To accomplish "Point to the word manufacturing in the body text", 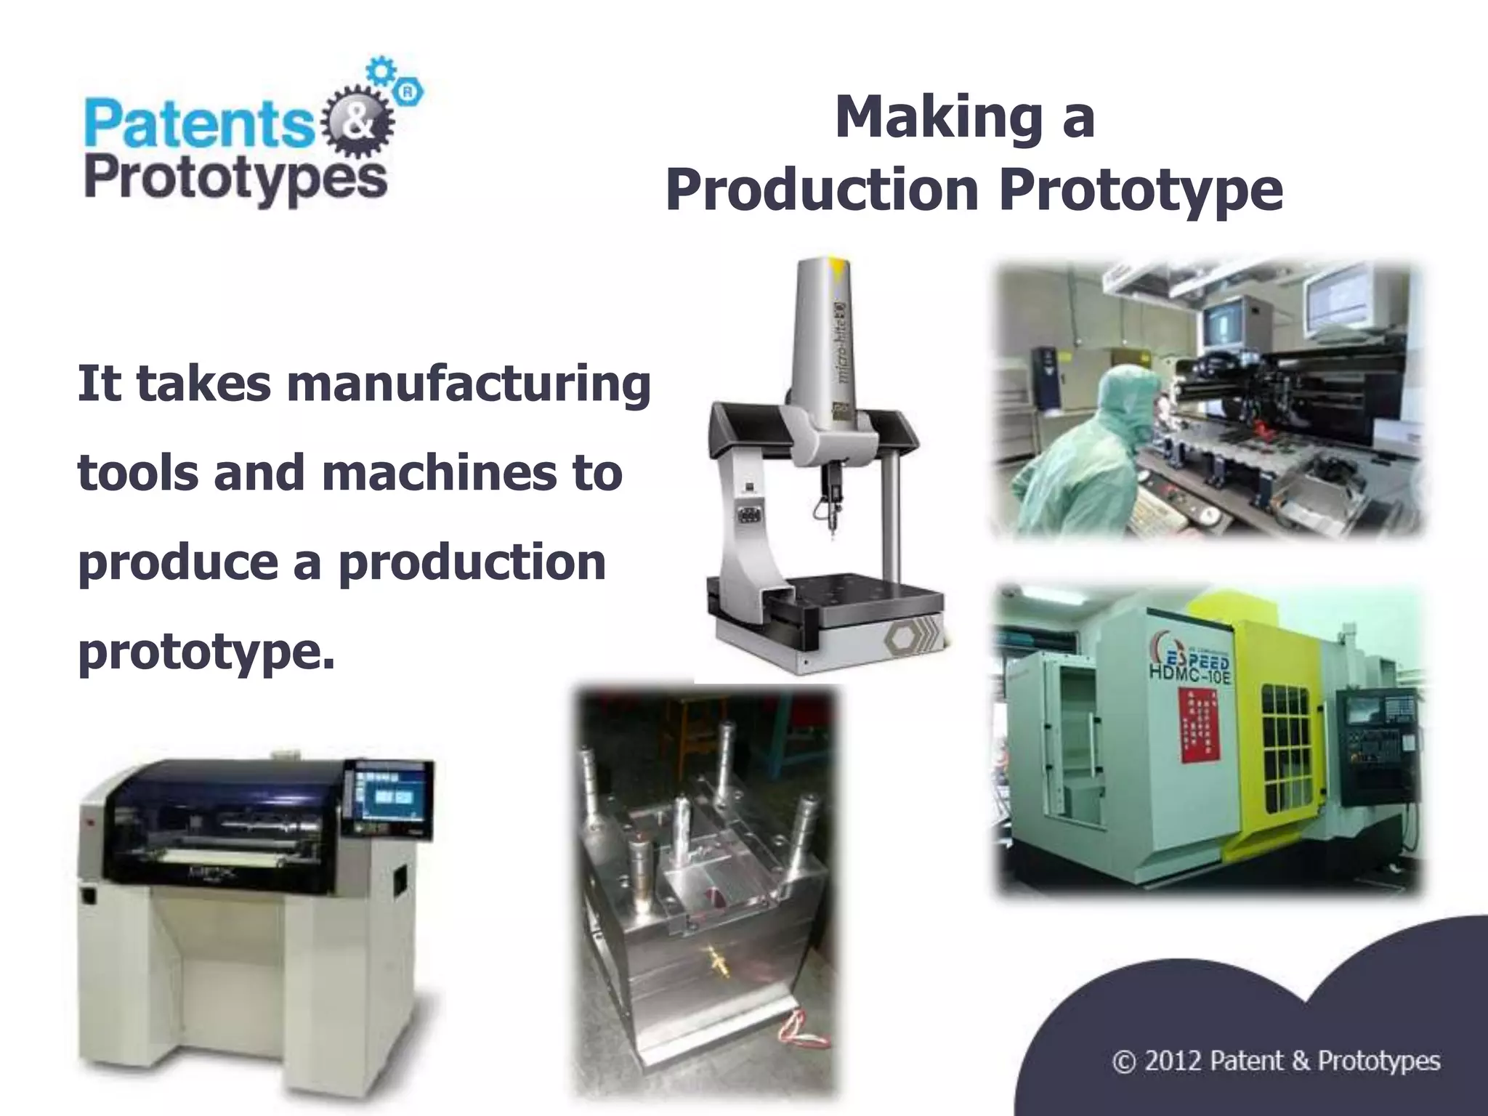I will (469, 385).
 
